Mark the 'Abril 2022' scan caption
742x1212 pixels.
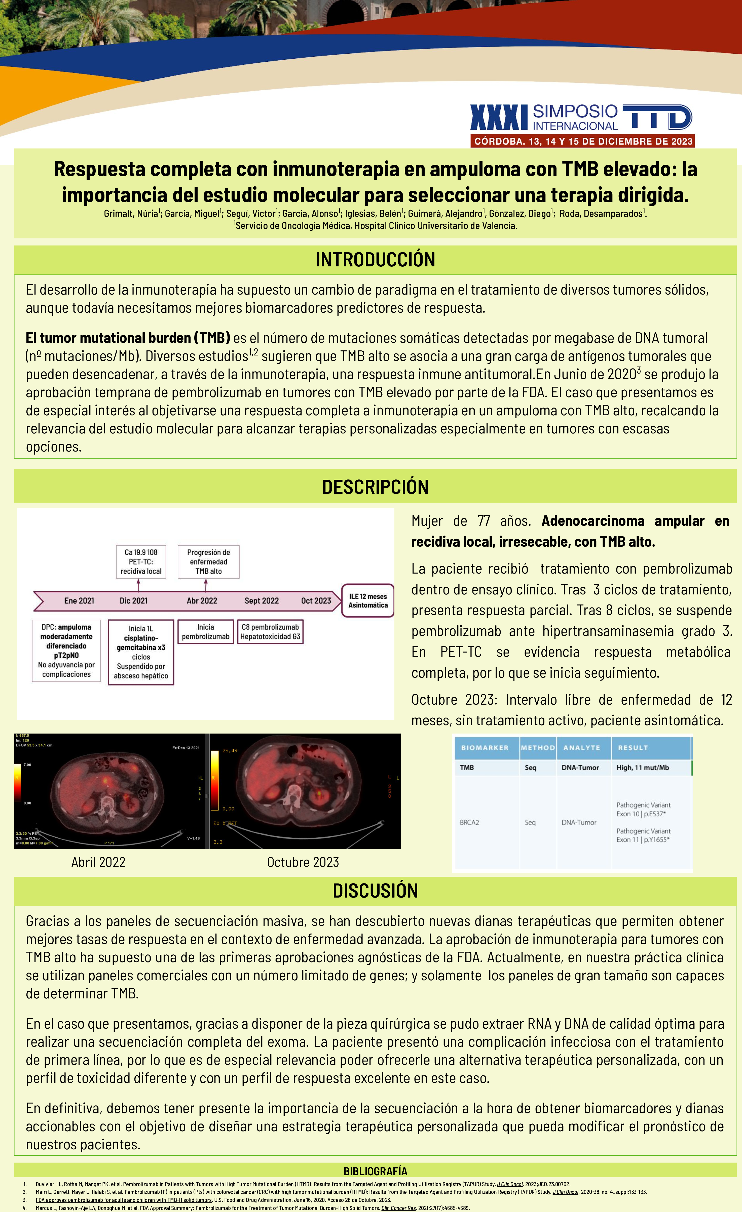pos(98,862)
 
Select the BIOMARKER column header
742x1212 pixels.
pos(485,748)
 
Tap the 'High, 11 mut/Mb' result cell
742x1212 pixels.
pos(643,767)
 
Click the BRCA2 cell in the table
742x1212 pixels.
pos(469,822)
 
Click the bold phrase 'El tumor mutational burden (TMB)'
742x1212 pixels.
pos(128,338)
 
